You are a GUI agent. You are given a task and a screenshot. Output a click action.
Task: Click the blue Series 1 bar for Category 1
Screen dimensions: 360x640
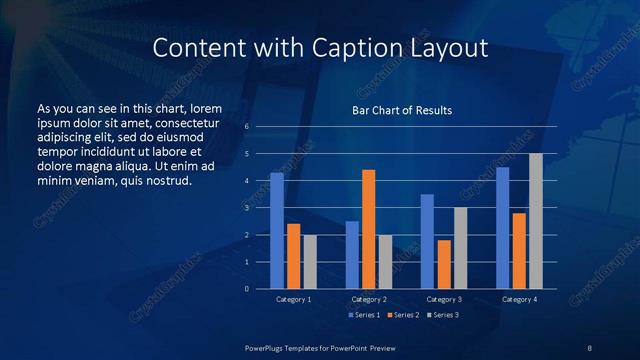point(277,231)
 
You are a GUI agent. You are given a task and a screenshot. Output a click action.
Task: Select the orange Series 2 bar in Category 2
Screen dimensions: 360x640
point(369,229)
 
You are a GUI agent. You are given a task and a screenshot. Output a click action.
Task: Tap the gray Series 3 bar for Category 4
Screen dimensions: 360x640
point(536,221)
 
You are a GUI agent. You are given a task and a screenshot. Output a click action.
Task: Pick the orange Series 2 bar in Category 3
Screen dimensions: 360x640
point(444,264)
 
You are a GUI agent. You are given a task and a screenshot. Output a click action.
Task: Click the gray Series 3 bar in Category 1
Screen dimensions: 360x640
point(310,262)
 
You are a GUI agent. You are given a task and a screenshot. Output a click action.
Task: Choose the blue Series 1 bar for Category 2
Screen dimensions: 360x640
point(352,255)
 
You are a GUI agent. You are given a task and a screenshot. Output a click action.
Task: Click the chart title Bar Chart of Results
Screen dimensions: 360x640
point(402,110)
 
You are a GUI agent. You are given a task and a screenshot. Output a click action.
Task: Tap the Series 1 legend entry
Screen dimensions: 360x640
point(363,315)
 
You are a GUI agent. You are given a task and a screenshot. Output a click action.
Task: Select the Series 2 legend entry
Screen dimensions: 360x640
point(404,315)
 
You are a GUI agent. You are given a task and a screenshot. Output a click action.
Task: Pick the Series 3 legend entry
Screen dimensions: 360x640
point(445,315)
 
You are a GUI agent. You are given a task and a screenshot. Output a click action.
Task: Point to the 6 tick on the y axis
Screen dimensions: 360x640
point(246,127)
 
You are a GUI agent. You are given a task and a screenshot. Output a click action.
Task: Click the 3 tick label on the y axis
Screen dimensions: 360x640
point(246,208)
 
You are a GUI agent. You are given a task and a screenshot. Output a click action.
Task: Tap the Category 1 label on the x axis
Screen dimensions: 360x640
point(293,299)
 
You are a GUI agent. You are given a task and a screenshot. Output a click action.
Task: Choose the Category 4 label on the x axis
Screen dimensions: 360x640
point(518,299)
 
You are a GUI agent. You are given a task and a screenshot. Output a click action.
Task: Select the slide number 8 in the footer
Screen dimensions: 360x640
point(590,347)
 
